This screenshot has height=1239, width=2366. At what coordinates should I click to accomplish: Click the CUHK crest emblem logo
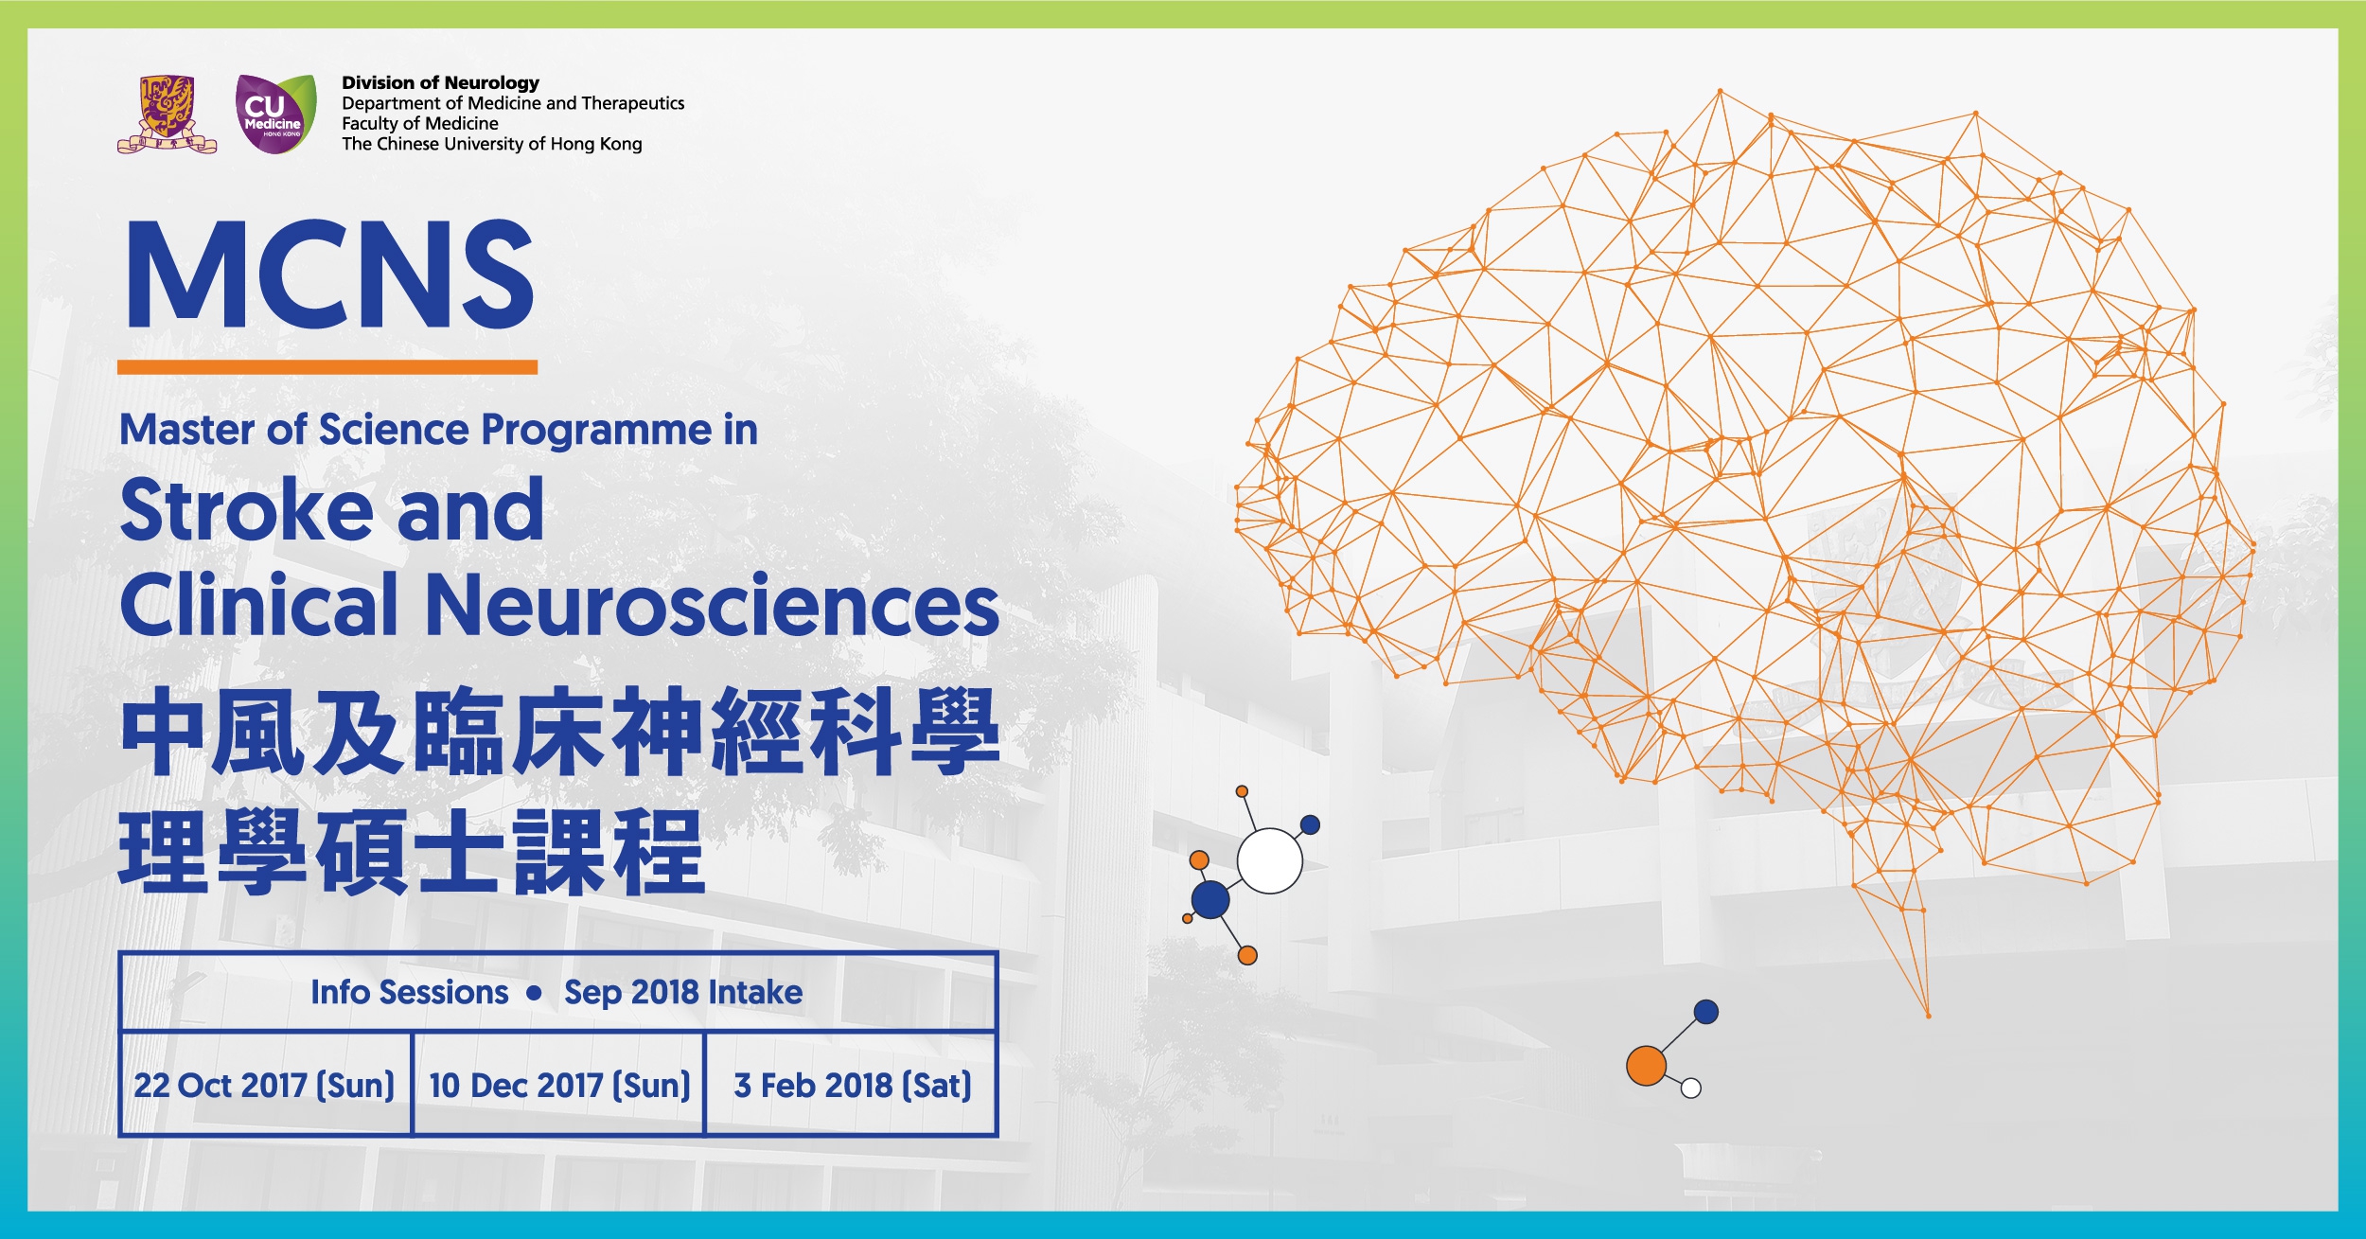[x=167, y=114]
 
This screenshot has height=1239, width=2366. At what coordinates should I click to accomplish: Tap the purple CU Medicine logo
[x=275, y=114]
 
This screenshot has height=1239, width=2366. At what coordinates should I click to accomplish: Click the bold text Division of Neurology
[x=440, y=83]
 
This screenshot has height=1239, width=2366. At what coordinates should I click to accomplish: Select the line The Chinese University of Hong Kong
[x=491, y=144]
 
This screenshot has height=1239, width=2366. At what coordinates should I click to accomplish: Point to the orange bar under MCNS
[x=327, y=367]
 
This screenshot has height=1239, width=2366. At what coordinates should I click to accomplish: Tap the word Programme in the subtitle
[x=596, y=432]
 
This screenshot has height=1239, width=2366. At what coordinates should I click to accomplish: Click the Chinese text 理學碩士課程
[x=412, y=852]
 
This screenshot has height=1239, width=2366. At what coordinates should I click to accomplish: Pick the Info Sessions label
[x=409, y=992]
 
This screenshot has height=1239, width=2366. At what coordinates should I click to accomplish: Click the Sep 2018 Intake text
[x=683, y=992]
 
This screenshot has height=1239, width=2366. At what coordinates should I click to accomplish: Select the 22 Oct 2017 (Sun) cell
[x=265, y=1085]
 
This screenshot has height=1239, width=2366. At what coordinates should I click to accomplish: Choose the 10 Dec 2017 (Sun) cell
[x=559, y=1085]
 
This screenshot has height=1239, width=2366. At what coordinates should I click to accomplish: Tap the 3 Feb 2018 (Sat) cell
[x=852, y=1085]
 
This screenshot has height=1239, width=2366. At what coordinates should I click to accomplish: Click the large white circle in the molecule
[x=1270, y=860]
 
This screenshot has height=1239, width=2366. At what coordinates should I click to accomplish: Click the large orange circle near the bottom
[x=1646, y=1066]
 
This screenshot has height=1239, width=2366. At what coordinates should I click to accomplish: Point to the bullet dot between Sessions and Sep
[x=535, y=993]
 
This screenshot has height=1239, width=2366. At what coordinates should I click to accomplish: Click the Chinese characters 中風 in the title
[x=212, y=732]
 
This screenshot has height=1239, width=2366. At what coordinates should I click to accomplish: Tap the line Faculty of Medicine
[x=420, y=124]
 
